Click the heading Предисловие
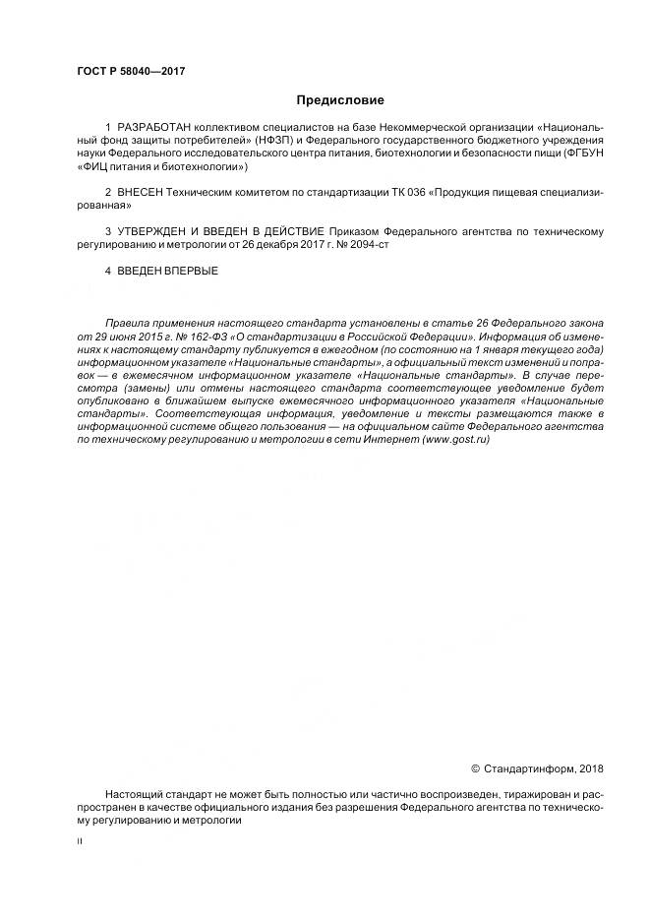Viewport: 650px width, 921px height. (x=340, y=100)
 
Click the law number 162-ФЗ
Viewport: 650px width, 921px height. (x=194, y=336)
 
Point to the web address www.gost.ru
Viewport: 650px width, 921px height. (x=455, y=439)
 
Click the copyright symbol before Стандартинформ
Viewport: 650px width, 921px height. (x=475, y=768)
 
